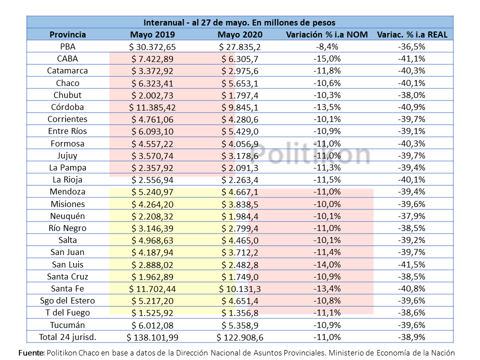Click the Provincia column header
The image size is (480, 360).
(67, 34)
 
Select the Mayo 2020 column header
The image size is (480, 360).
(240, 34)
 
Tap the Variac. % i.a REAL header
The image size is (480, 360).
(412, 34)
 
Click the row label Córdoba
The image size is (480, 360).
(67, 107)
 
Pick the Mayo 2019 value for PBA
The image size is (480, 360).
(152, 47)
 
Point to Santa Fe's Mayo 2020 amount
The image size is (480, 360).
(240, 288)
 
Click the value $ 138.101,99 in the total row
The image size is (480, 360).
(152, 337)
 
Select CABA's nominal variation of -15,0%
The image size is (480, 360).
(327, 59)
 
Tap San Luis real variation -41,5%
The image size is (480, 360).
(411, 264)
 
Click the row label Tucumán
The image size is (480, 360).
(67, 325)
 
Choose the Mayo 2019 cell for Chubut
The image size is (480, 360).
(152, 95)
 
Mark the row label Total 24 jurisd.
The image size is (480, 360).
(67, 337)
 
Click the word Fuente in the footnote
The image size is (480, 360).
(31, 352)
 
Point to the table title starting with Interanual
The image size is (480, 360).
(239, 22)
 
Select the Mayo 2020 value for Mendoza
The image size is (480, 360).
(240, 192)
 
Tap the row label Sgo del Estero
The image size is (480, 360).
(67, 300)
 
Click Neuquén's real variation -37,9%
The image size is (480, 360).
(411, 216)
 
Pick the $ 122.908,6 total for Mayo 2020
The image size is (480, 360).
(240, 337)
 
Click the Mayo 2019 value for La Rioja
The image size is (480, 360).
(152, 179)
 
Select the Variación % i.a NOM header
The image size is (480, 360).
(327, 34)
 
